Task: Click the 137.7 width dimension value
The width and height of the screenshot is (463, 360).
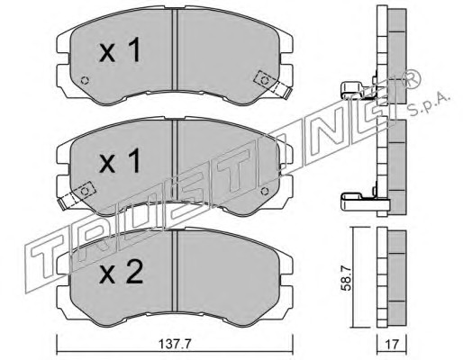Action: pos(175,344)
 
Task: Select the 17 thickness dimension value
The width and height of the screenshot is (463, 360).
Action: pos(392,344)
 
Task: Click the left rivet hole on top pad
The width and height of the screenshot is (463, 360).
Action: pos(85,80)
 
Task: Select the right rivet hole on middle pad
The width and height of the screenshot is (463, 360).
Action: pos(265,191)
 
